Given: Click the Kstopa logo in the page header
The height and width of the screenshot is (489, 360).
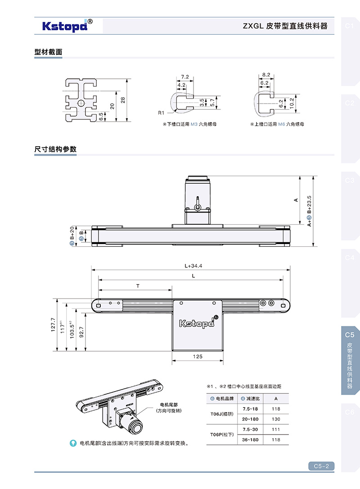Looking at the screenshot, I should tap(67, 26).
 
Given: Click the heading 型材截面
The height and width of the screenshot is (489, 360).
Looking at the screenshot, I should tap(48, 52).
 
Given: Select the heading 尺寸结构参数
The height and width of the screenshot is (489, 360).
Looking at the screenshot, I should tap(55, 149).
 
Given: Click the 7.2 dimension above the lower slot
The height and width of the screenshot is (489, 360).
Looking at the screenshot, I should tap(184, 77).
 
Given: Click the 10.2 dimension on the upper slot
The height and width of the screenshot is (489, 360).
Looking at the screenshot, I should tap(292, 103).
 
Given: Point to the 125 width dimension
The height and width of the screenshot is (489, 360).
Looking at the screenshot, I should tap(197, 356).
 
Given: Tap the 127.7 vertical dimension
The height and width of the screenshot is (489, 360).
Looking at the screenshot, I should tap(53, 325).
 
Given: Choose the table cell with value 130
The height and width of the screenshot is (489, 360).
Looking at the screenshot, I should tap(276, 419).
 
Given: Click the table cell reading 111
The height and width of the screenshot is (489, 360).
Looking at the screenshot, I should tap(276, 429).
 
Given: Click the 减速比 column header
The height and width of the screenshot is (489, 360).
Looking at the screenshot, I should tap(251, 398).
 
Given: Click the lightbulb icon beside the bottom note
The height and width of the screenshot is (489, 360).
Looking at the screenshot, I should tap(72, 443).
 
